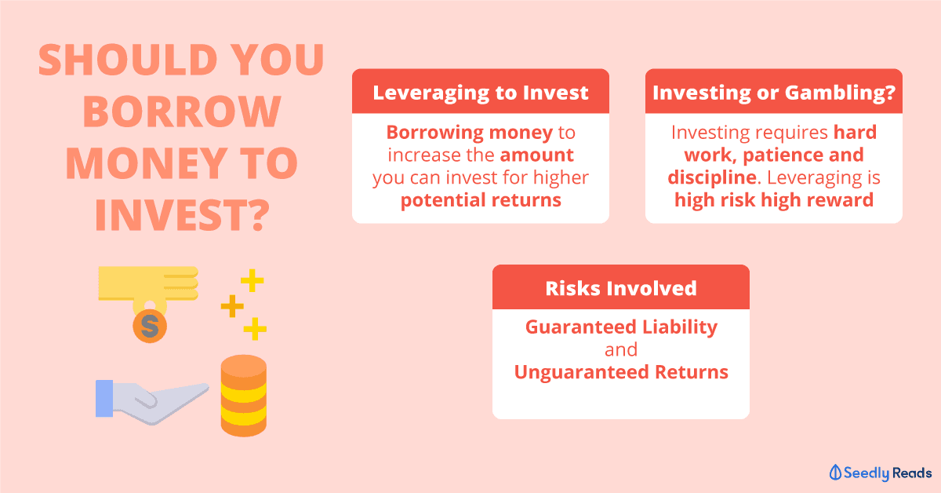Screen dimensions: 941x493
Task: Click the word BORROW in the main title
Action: [x=182, y=111]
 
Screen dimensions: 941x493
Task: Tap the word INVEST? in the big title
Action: [x=182, y=215]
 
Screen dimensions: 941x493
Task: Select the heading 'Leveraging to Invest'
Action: [x=481, y=93]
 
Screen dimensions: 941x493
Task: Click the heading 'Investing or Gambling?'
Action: [x=774, y=93]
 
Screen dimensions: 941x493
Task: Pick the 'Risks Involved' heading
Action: [x=621, y=288]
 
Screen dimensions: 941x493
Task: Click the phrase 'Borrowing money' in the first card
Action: [x=470, y=133]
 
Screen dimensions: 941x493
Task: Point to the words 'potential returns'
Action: [x=481, y=200]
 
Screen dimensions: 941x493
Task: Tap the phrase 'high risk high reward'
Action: [x=774, y=200]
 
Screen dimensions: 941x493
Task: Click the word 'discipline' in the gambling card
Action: [x=712, y=177]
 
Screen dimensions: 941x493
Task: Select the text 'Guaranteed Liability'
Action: [x=621, y=327]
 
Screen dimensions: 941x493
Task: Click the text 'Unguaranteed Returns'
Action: [x=621, y=372]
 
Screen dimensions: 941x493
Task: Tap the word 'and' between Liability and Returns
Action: [x=621, y=350]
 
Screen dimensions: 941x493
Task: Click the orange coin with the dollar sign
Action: [x=150, y=326]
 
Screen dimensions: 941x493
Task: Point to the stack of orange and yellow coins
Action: [x=244, y=396]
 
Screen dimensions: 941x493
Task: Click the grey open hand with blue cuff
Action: [x=151, y=402]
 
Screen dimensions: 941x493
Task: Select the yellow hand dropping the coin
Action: [x=148, y=286]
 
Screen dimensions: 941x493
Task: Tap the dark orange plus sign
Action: [x=232, y=306]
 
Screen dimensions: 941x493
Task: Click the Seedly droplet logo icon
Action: [x=835, y=473]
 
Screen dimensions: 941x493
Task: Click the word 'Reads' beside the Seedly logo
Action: [x=912, y=473]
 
